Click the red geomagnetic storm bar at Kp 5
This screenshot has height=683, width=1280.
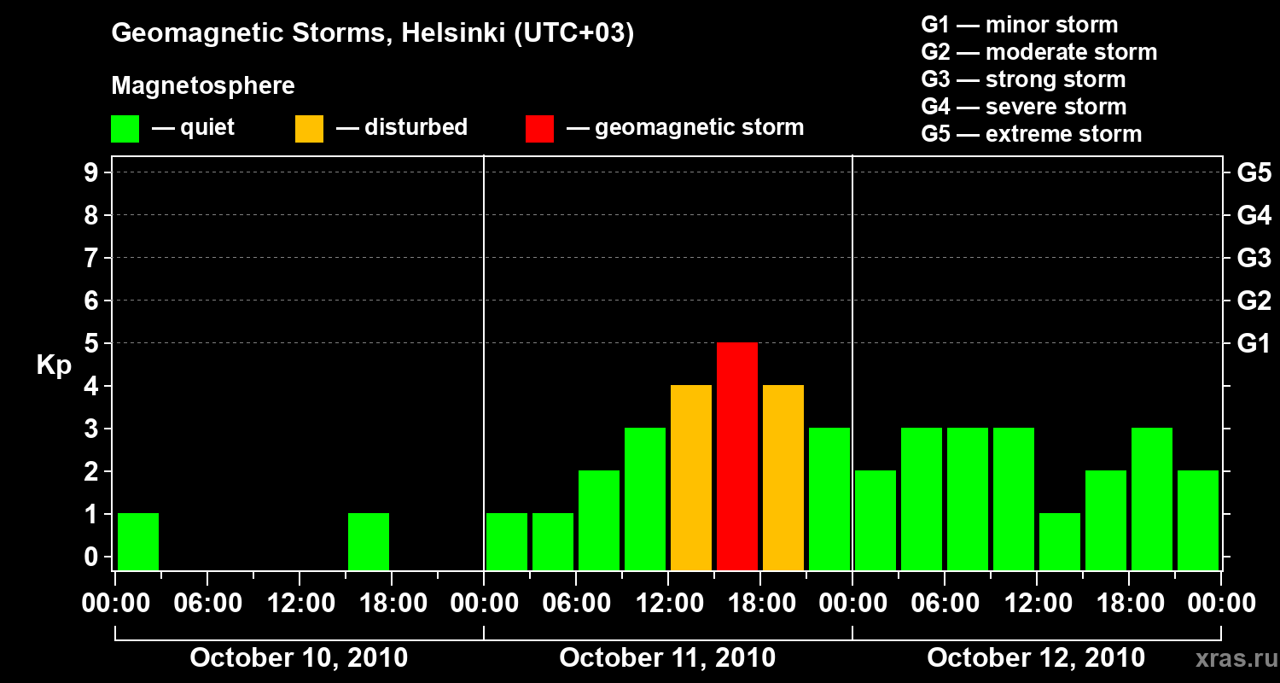[737, 456]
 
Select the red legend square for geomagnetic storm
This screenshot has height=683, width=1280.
[539, 128]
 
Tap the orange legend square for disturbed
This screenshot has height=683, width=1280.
[309, 128]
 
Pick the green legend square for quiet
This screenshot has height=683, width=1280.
[125, 128]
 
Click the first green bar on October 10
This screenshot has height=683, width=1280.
[138, 541]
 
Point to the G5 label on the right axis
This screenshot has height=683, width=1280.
[1254, 173]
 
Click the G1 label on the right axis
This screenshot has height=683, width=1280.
[1254, 344]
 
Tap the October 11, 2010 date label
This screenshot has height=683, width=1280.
[667, 658]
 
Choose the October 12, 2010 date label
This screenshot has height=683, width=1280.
[1036, 658]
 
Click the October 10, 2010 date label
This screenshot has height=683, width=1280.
[299, 658]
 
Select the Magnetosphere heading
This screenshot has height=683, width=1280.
[203, 86]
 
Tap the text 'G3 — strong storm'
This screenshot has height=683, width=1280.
[1023, 79]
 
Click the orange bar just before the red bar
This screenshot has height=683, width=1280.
[691, 477]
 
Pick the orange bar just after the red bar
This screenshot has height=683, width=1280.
[783, 477]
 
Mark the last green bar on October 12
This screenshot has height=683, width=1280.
[1198, 520]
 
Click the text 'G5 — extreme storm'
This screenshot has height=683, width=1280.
[1031, 134]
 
